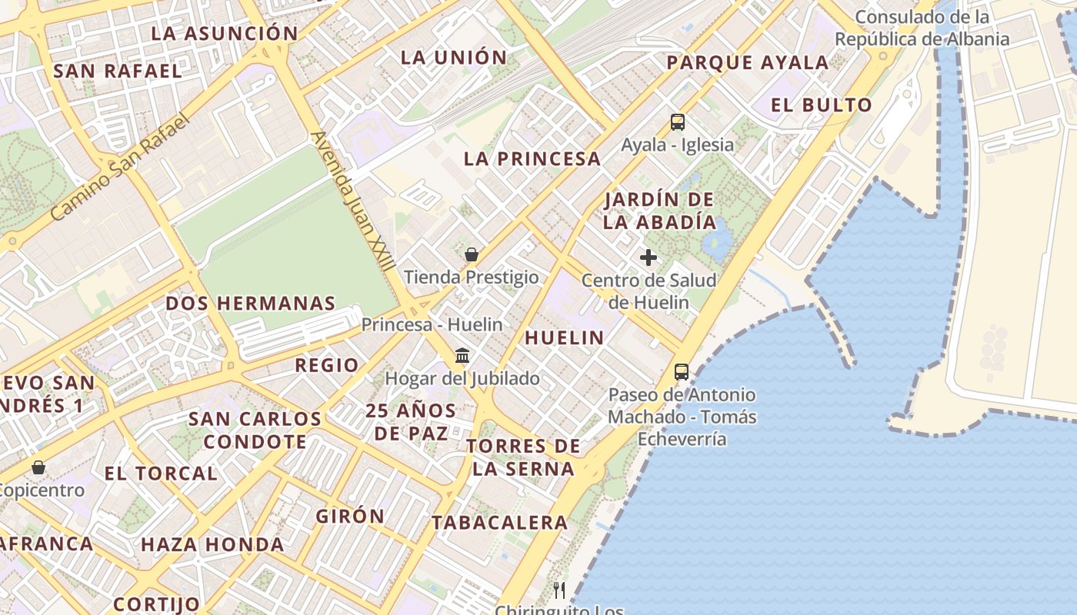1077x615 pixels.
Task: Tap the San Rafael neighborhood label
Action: click(118, 71)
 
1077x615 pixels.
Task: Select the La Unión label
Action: click(455, 57)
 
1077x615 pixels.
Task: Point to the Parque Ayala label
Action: click(748, 63)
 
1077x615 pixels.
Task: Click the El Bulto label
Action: click(822, 105)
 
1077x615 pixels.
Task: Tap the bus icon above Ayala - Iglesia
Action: click(678, 121)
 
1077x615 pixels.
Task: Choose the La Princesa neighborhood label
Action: click(532, 158)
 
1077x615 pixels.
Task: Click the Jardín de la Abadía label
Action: click(660, 211)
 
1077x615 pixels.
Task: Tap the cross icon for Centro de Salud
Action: click(649, 258)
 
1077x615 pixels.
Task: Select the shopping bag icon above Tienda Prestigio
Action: click(472, 254)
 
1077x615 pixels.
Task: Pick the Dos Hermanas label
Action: click(251, 303)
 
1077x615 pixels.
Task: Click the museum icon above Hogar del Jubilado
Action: click(462, 356)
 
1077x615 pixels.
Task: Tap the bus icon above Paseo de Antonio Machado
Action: click(682, 372)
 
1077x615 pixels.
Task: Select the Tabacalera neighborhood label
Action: click(499, 523)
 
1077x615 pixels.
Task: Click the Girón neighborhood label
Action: click(350, 516)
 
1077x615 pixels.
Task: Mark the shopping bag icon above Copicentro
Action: click(38, 467)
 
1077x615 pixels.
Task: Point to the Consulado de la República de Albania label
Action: click(922, 28)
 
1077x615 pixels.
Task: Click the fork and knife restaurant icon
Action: click(559, 590)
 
